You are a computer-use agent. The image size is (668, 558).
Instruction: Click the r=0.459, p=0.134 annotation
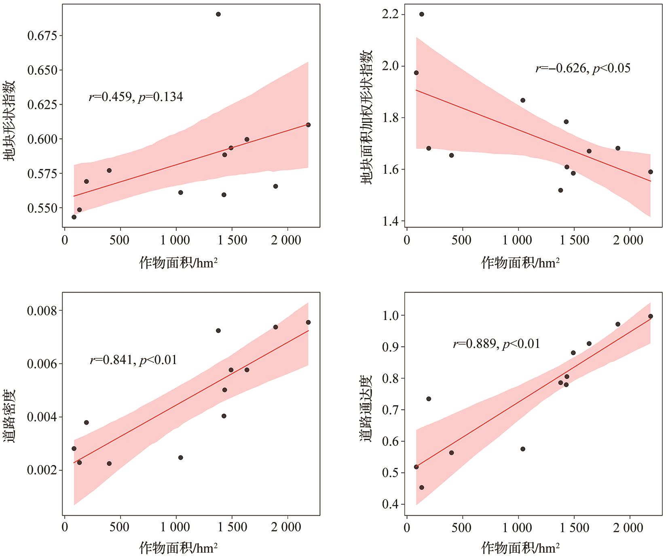136,97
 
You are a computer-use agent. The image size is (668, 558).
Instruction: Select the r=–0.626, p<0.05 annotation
583,68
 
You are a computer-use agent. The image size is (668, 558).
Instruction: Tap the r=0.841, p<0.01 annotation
133,360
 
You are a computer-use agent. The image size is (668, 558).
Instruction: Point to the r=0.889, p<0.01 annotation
497,344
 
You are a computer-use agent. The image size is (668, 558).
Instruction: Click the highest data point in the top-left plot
218,14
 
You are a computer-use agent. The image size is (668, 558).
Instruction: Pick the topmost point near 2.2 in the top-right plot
421,14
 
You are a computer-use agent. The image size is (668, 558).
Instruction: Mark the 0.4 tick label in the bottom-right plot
390,505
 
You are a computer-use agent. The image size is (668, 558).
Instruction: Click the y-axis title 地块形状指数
10,121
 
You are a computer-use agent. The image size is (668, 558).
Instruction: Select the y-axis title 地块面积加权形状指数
366,117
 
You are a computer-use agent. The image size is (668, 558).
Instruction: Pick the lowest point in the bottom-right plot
421,487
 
